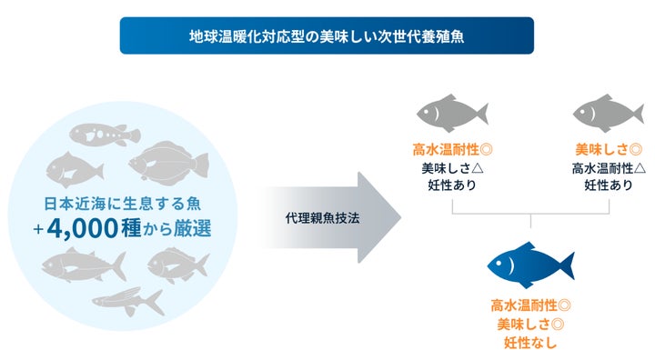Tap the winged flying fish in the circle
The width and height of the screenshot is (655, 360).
(127, 301)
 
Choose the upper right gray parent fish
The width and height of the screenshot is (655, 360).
(609, 113)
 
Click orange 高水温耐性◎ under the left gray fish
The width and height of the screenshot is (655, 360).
(452, 149)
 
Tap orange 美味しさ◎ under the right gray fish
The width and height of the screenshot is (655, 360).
(609, 149)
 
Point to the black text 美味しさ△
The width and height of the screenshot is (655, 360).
(452, 167)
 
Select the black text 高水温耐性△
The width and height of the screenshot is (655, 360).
(609, 167)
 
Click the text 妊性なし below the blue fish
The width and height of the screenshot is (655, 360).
(530, 343)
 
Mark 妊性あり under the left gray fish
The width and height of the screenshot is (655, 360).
(452, 185)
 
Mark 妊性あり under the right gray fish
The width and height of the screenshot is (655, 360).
(609, 185)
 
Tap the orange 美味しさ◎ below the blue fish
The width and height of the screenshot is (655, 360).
(530, 324)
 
